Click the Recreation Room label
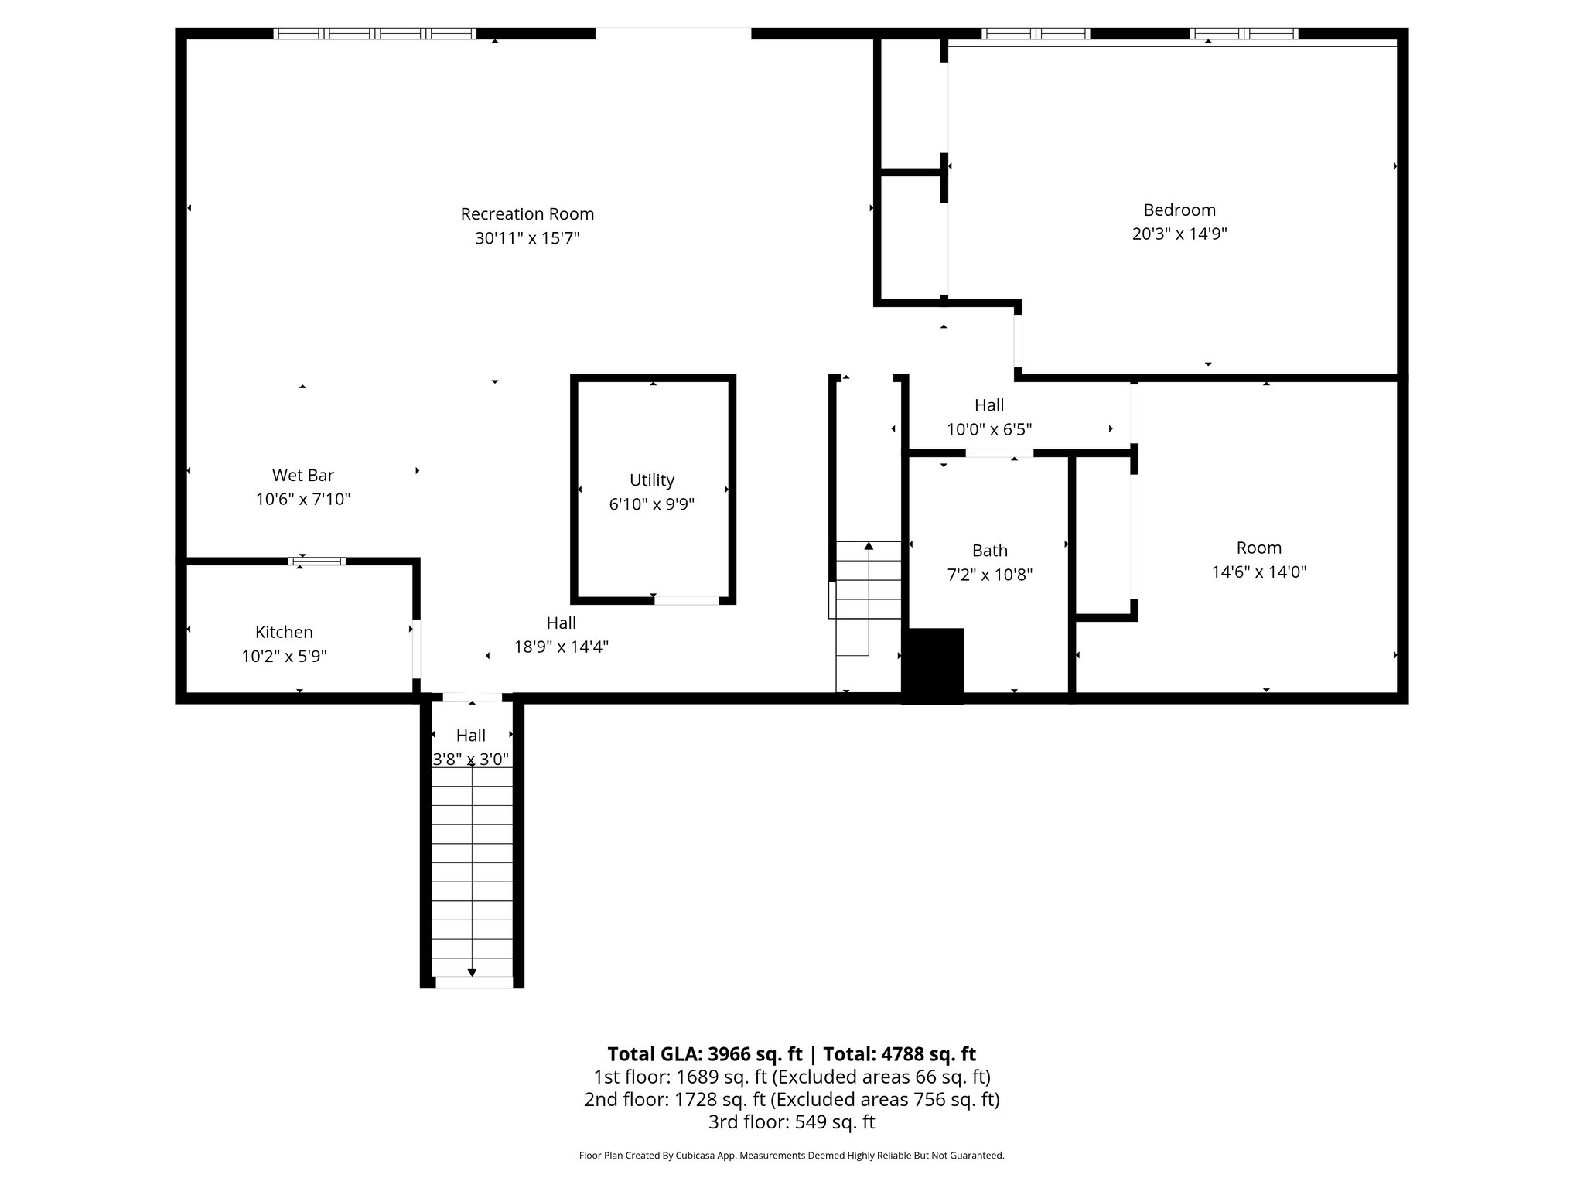pyautogui.click(x=527, y=214)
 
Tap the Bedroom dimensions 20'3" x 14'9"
pyautogui.click(x=1179, y=234)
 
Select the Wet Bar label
pyautogui.click(x=303, y=475)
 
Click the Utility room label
pyautogui.click(x=652, y=480)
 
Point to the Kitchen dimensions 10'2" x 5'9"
pyautogui.click(x=284, y=657)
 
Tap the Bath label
pyautogui.click(x=990, y=551)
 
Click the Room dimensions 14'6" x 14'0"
pyautogui.click(x=1259, y=572)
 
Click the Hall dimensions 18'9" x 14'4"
pyautogui.click(x=562, y=647)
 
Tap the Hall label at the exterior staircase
pyautogui.click(x=471, y=736)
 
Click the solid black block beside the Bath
pyautogui.click(x=933, y=666)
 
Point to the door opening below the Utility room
pyautogui.click(x=687, y=600)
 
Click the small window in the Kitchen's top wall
pyautogui.click(x=317, y=561)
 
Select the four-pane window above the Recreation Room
pyautogui.click(x=375, y=33)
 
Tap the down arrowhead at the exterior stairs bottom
pyautogui.click(x=473, y=973)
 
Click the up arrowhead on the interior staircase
pyautogui.click(x=869, y=546)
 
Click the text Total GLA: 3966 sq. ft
pyautogui.click(x=705, y=1054)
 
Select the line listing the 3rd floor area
pyautogui.click(x=791, y=1121)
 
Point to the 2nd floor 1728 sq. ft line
pyautogui.click(x=791, y=1099)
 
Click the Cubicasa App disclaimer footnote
pyautogui.click(x=791, y=1156)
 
